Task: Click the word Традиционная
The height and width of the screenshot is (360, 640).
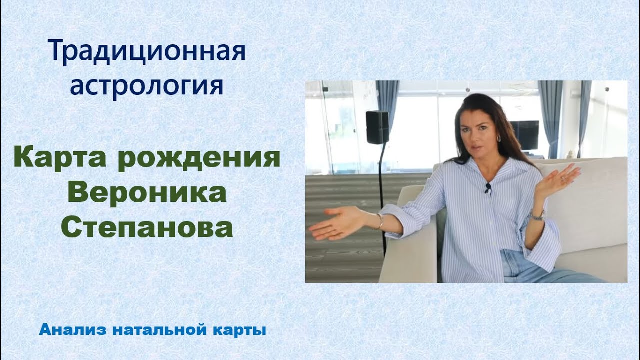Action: [x=147, y=52]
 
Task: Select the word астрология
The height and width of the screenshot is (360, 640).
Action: [x=146, y=86]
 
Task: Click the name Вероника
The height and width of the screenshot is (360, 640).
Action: [x=146, y=193]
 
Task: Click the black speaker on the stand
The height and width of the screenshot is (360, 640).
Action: [x=377, y=127]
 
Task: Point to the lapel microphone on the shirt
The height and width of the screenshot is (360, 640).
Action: [x=488, y=188]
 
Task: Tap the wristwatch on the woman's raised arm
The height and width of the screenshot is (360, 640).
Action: [x=537, y=215]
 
